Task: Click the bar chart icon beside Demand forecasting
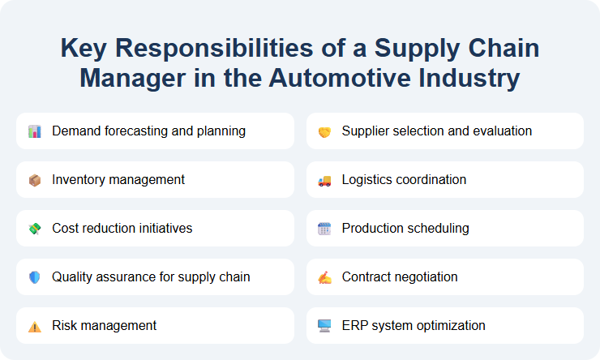pyautogui.click(x=34, y=131)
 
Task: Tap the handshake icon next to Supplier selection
pyautogui.click(x=324, y=131)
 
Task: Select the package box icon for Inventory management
pyautogui.click(x=34, y=180)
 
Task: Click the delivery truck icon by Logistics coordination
pyautogui.click(x=324, y=180)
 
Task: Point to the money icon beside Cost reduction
pyautogui.click(x=34, y=229)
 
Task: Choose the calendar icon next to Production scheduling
pyautogui.click(x=324, y=229)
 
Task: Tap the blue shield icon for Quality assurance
pyautogui.click(x=34, y=277)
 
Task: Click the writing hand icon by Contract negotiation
pyautogui.click(x=324, y=277)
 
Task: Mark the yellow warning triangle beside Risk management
pyautogui.click(x=34, y=326)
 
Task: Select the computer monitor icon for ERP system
pyautogui.click(x=324, y=326)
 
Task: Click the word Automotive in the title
pyautogui.click(x=336, y=79)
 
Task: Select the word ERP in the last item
pyautogui.click(x=354, y=325)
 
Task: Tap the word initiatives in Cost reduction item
pyautogui.click(x=165, y=228)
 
